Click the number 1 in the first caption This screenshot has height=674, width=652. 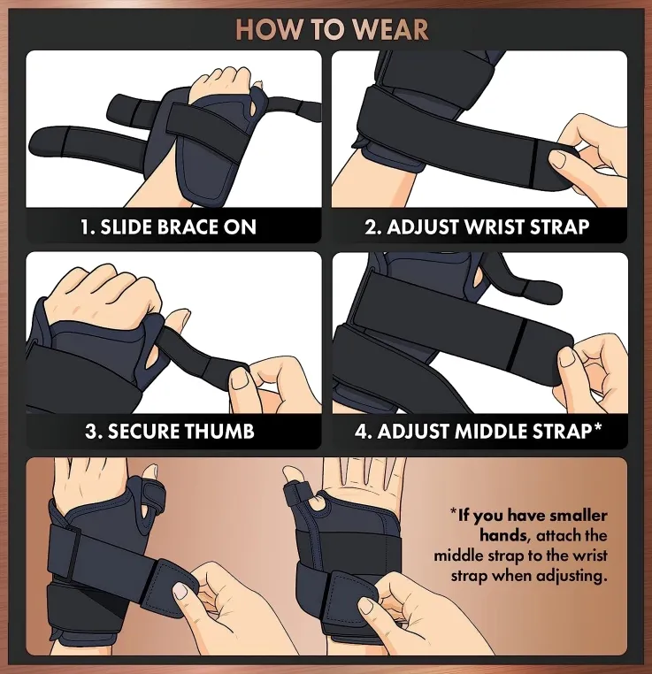tap(86, 227)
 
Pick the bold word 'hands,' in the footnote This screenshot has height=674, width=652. tap(504, 536)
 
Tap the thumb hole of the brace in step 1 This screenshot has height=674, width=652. tap(254, 105)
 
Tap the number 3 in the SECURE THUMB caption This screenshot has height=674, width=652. tap(90, 431)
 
